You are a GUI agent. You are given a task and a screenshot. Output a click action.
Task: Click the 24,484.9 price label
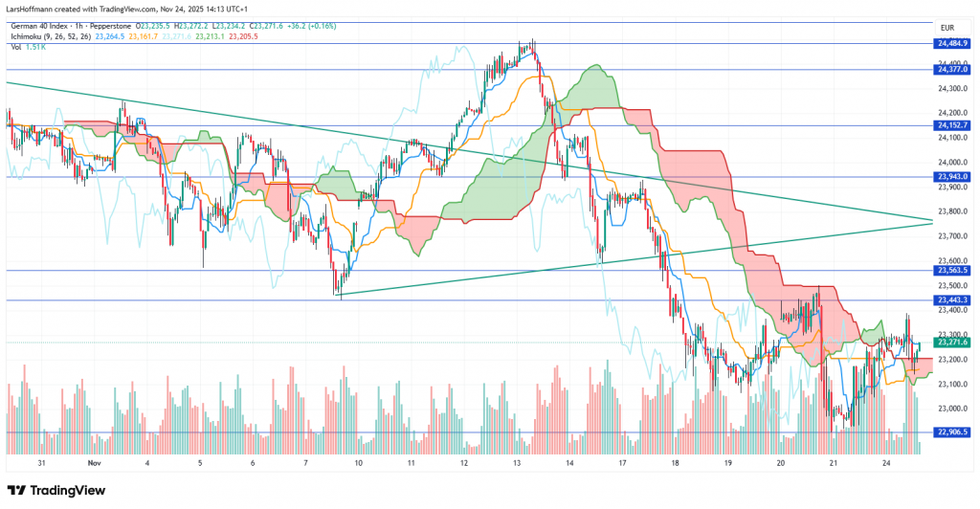pos(952,43)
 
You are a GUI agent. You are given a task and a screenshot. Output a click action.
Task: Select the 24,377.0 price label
pos(952,69)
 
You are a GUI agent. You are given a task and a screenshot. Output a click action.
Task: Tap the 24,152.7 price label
pos(952,125)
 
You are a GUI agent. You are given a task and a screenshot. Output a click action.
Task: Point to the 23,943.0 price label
pos(952,176)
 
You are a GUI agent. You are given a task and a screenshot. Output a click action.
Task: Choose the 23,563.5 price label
pos(952,271)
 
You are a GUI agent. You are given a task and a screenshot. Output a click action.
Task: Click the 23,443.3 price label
pos(952,300)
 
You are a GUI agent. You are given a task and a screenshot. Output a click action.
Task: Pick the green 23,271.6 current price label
pos(952,343)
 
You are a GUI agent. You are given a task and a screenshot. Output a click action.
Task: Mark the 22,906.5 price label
pos(952,432)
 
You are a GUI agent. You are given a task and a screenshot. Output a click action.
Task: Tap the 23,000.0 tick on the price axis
pos(950,409)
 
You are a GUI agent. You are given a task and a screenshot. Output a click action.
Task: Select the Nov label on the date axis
pos(94,462)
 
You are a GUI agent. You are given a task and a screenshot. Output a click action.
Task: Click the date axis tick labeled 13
pos(517,462)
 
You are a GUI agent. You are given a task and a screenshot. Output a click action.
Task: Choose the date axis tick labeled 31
pos(41,462)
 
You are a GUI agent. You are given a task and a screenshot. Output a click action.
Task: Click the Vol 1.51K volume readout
pos(27,47)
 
